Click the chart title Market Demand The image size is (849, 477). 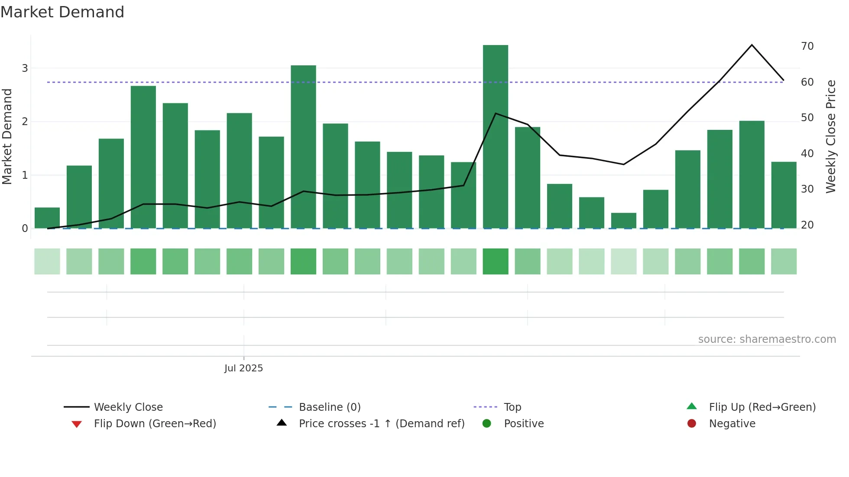[62, 12]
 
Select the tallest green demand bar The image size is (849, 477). [496, 136]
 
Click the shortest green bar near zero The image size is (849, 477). [623, 220]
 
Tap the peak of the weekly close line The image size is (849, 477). [752, 45]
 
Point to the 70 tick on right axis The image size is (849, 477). [807, 46]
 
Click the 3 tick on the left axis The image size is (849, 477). [25, 68]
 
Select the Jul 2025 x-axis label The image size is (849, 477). [243, 368]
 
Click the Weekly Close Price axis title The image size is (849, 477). [830, 136]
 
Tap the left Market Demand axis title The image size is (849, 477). [7, 136]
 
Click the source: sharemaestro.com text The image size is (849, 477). [767, 339]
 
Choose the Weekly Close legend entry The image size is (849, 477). [128, 407]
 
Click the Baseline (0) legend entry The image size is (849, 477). [330, 407]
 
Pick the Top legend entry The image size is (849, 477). [512, 407]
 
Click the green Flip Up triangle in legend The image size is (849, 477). [692, 406]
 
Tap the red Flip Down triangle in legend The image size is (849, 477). [77, 424]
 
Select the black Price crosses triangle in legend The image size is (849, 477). [282, 423]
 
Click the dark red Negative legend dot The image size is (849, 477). [692, 424]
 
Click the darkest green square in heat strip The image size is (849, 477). [496, 261]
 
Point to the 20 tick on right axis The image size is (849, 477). [807, 225]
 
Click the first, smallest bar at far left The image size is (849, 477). [47, 218]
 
